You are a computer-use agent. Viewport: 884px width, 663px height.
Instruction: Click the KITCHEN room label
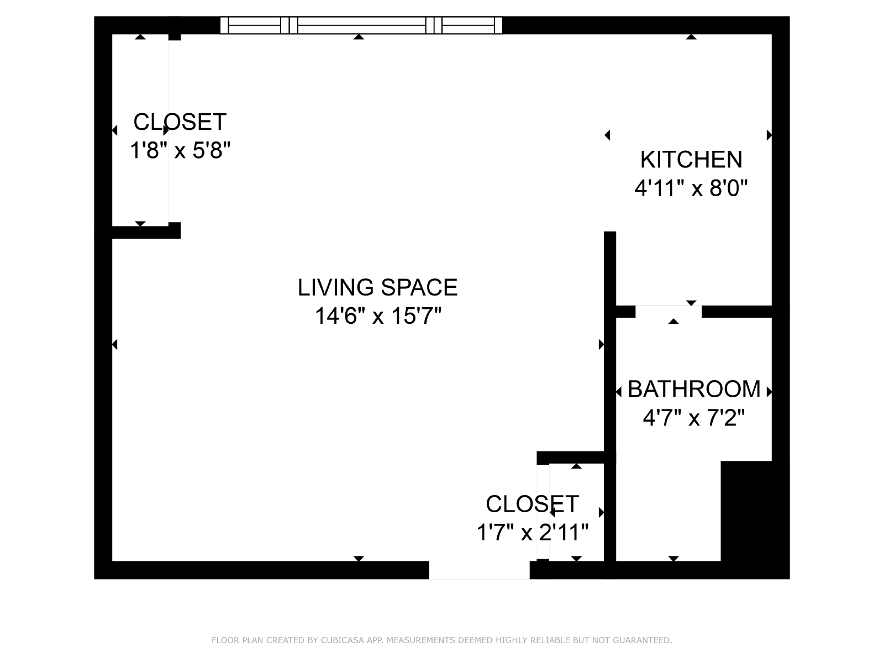pyautogui.click(x=691, y=160)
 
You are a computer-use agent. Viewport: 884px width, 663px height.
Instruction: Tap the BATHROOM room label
pyautogui.click(x=694, y=389)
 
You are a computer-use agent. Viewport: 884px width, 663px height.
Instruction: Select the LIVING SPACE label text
pyautogui.click(x=377, y=287)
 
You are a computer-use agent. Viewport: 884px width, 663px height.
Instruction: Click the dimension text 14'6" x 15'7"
pyautogui.click(x=378, y=315)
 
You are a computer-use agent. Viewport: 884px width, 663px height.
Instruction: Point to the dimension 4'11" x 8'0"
pyautogui.click(x=691, y=188)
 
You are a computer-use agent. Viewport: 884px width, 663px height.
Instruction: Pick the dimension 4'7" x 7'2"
pyautogui.click(x=693, y=418)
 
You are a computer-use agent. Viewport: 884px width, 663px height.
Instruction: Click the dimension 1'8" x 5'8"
pyautogui.click(x=180, y=150)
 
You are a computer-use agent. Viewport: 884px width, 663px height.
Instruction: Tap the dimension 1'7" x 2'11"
pyautogui.click(x=533, y=532)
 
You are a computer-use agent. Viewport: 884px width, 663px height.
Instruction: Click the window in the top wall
pyautogui.click(x=361, y=25)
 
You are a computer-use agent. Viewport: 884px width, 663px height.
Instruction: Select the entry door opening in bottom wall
pyautogui.click(x=479, y=570)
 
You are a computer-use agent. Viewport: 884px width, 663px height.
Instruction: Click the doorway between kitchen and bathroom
pyautogui.click(x=668, y=312)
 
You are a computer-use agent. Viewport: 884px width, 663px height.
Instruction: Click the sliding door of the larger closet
pyautogui.click(x=175, y=131)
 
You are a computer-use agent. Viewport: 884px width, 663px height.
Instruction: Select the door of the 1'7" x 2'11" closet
pyautogui.click(x=543, y=512)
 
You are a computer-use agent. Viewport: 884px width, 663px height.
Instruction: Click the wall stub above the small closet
pyautogui.click(x=570, y=457)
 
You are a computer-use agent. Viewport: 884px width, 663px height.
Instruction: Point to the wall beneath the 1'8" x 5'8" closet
pyautogui.click(x=146, y=232)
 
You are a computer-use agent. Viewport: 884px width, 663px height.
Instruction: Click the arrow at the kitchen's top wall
pyautogui.click(x=691, y=37)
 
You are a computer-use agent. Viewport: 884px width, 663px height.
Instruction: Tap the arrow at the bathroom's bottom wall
pyautogui.click(x=673, y=559)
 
